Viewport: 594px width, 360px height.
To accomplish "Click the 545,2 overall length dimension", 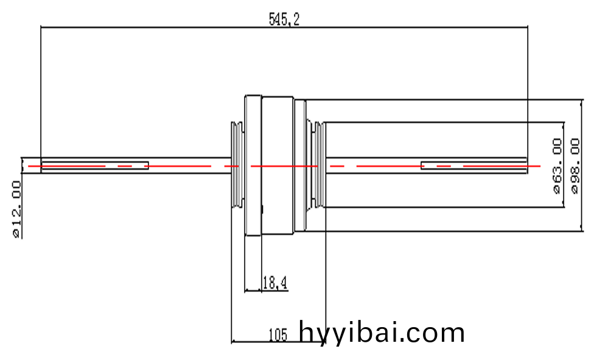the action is pos(284,19).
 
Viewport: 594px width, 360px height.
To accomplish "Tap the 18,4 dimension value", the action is pos(274,283).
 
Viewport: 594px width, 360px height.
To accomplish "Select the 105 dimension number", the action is pos(278,335).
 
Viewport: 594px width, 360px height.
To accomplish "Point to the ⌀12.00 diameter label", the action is pos(17,209).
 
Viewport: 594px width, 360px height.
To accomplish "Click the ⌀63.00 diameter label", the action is pos(557,166).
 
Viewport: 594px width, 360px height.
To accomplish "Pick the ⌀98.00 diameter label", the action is pos(575,166).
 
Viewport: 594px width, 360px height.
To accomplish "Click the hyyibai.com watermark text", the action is pos(382,333).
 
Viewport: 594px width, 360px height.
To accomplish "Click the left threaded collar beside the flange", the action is pos(237,165).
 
